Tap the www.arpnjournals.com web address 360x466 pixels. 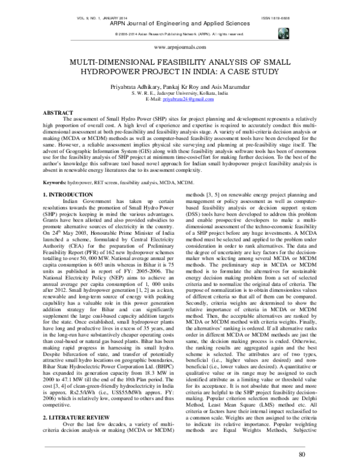click(180, 46)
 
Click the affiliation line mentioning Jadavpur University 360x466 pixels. click(180, 93)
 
